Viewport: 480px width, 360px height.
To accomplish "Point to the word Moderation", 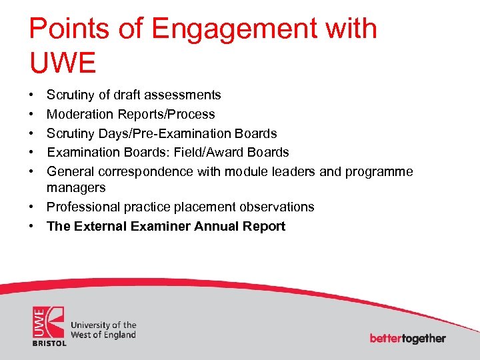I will coord(78,115).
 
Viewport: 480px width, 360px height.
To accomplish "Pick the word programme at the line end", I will coord(379,172).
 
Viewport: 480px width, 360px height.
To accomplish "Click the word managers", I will coord(76,189).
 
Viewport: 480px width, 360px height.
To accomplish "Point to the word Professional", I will coord(81,207).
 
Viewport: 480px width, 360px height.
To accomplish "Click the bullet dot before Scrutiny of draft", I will coord(33,96).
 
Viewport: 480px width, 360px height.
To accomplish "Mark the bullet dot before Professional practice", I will coord(33,207).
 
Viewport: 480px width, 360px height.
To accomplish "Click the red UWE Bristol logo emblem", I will coord(49,325).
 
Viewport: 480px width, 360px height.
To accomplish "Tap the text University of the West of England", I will coord(103,330).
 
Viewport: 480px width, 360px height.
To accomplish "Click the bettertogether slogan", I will coord(407,338).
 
